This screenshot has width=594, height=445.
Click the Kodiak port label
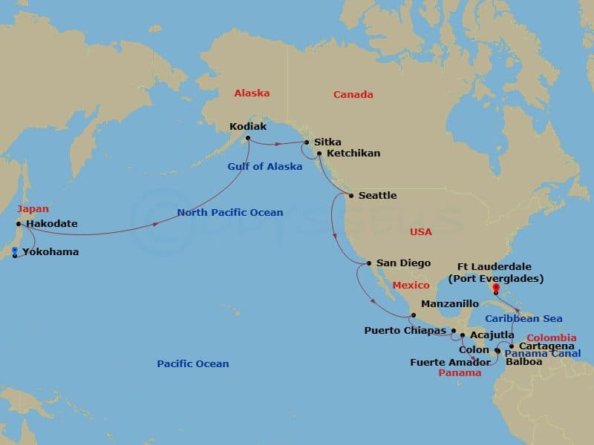click(247, 126)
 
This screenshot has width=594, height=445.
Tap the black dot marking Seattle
click(351, 196)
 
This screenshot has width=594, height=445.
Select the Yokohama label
click(50, 252)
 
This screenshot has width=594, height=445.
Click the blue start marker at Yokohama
click(15, 250)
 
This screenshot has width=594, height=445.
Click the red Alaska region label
click(252, 93)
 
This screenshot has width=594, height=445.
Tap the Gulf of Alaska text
click(265, 167)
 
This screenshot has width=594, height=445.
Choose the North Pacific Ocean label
click(230, 213)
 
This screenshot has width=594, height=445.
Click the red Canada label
click(353, 95)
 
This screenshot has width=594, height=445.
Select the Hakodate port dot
click(19, 223)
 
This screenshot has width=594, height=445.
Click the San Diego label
click(403, 263)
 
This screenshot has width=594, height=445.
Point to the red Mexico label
click(411, 286)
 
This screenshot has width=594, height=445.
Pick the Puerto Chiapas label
click(405, 330)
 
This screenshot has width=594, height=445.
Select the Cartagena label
click(546, 346)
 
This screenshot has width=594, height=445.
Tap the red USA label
click(421, 232)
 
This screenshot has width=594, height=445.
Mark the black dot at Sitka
click(307, 142)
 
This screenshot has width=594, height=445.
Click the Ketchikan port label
click(353, 154)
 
